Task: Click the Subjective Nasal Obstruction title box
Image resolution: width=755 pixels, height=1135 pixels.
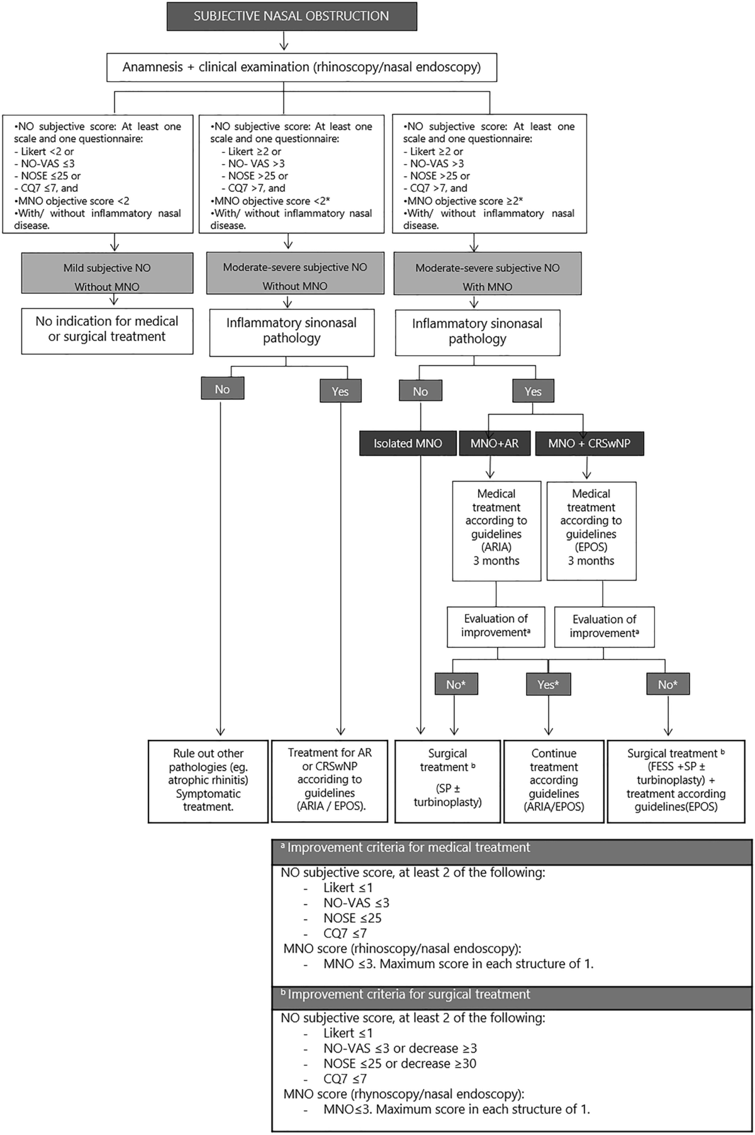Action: [291, 16]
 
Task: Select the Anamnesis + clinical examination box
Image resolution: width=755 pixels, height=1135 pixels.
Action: [301, 67]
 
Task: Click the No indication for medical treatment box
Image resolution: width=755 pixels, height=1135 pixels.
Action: [107, 329]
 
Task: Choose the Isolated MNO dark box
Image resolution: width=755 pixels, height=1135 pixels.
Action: [408, 444]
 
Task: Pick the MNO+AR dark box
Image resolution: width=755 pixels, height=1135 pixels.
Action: [495, 444]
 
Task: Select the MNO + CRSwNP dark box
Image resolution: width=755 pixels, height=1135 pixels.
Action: [589, 444]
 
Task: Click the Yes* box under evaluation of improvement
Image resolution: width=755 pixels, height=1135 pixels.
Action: [548, 685]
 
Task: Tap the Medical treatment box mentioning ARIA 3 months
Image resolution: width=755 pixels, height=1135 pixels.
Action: [496, 527]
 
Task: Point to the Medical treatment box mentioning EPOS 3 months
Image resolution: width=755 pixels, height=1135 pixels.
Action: [591, 527]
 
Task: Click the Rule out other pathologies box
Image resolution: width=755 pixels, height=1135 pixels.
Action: [208, 780]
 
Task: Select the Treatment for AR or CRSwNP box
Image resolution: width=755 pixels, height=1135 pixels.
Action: [330, 780]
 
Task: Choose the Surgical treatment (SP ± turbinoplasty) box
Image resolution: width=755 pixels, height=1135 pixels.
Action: [447, 780]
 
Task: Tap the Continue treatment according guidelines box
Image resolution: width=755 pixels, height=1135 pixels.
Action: [554, 780]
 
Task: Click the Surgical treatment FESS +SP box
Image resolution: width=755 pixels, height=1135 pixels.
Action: [676, 780]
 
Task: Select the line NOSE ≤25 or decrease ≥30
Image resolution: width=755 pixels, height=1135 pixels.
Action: [400, 1064]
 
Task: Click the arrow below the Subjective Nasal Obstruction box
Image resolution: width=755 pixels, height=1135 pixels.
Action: [284, 41]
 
